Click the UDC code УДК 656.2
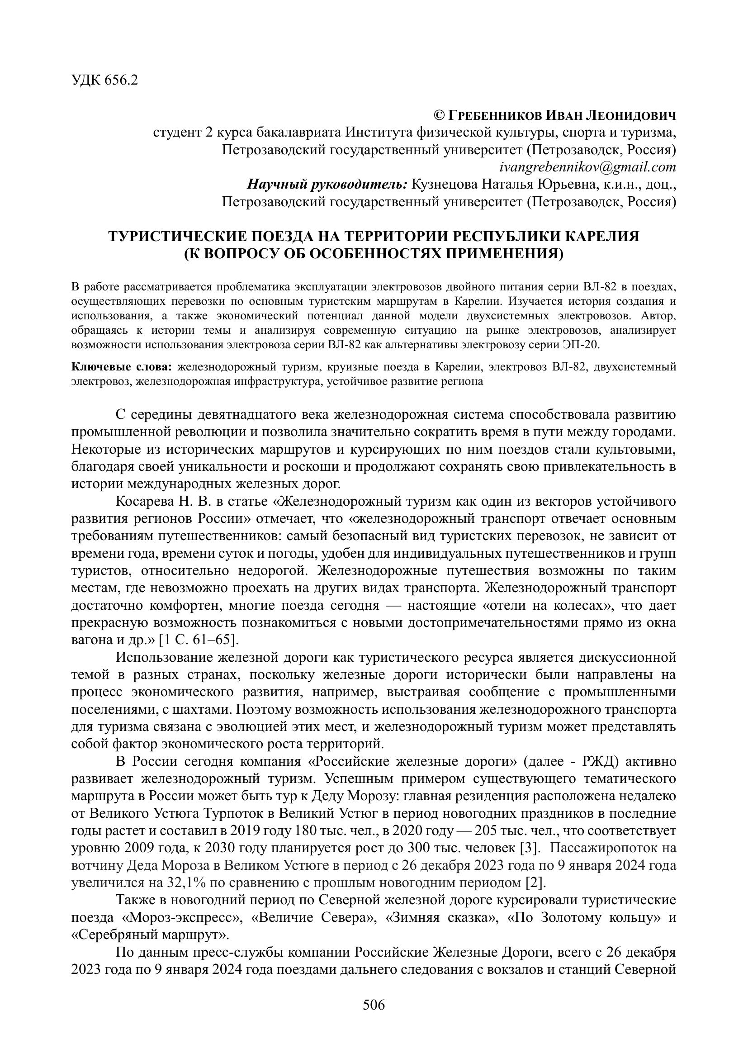coord(104,81)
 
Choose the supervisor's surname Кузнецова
coord(444,184)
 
